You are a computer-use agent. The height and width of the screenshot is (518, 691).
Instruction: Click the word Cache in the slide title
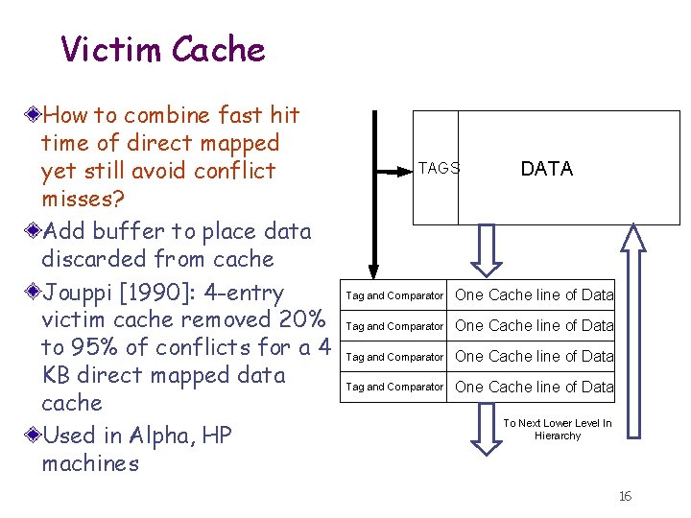[x=214, y=48]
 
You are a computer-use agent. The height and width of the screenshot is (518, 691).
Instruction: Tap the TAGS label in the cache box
[x=439, y=168]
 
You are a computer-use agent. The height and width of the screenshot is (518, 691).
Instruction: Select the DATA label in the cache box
[x=546, y=169]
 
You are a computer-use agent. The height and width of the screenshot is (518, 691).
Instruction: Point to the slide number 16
[x=625, y=496]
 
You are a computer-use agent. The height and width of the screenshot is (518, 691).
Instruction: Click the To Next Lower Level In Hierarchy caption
[x=558, y=429]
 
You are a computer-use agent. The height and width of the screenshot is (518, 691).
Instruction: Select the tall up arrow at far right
[x=631, y=326]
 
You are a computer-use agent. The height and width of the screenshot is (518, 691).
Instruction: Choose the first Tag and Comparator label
[x=394, y=295]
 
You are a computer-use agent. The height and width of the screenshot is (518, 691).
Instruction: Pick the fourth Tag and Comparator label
[x=394, y=387]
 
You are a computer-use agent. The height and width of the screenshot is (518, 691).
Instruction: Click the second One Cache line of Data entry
[x=534, y=325]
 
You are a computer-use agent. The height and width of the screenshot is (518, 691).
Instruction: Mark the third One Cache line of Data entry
[x=534, y=356]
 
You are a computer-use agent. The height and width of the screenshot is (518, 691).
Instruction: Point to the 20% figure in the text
[x=304, y=319]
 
